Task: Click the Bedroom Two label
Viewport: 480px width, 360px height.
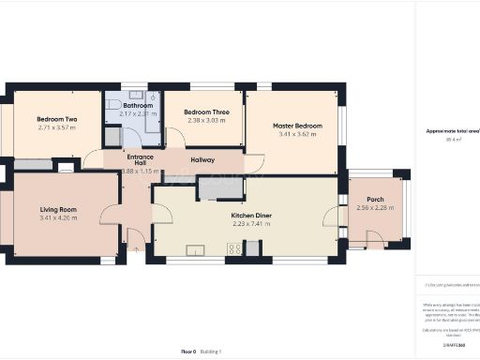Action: [56, 120]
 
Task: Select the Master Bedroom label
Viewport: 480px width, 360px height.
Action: [297, 126]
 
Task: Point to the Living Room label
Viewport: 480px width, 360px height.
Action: [58, 209]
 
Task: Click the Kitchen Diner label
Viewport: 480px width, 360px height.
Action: [251, 215]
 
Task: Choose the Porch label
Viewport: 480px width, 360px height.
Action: [375, 199]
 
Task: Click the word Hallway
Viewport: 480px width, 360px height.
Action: [202, 160]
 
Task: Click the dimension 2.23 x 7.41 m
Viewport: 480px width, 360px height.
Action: [251, 223]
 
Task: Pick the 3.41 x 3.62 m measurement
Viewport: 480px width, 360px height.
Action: [297, 134]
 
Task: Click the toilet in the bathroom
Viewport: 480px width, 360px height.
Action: [113, 137]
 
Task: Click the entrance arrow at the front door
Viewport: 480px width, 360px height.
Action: [138, 248]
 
